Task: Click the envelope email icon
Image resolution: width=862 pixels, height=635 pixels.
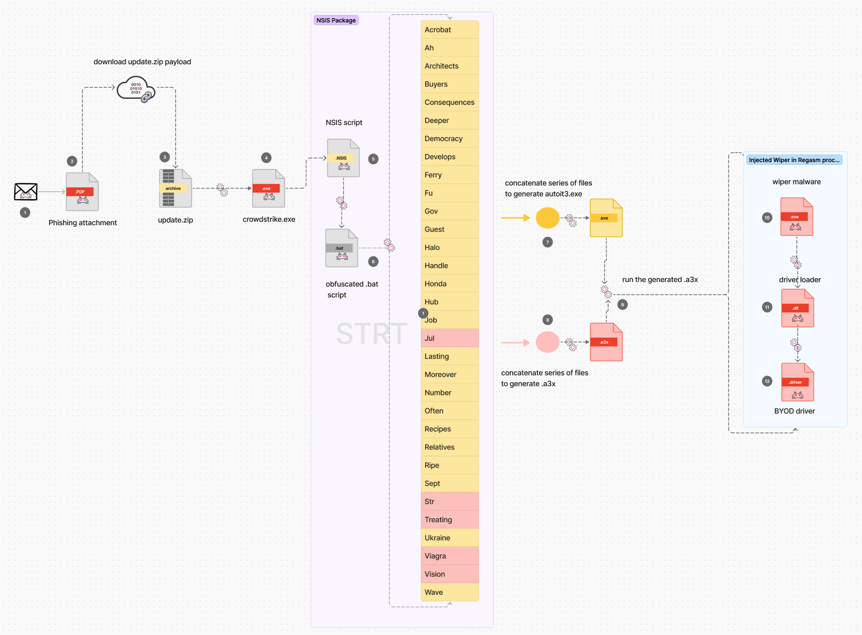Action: pos(26,191)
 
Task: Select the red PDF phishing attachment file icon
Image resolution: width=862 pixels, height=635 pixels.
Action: pos(82,192)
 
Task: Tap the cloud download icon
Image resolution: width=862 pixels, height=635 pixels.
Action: pos(136,89)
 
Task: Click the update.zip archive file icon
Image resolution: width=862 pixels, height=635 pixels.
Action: pos(175,188)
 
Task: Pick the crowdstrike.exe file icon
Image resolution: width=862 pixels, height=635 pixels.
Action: pos(268,188)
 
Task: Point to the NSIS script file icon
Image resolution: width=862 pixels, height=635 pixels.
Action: pos(343,158)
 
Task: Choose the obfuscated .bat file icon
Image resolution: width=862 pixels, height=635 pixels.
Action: pos(342,248)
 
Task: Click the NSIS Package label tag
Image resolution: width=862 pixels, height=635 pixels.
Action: pos(336,20)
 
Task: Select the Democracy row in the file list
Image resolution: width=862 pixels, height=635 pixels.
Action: pos(450,139)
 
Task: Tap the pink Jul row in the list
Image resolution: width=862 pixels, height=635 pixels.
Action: pos(450,338)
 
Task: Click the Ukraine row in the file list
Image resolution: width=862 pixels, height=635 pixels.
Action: pos(450,538)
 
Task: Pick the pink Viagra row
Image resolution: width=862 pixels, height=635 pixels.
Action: pos(450,556)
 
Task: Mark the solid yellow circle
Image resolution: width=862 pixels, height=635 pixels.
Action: pos(548,218)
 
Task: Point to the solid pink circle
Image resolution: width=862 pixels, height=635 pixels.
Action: pos(548,342)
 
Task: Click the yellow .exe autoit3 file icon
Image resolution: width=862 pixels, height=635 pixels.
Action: pos(606,218)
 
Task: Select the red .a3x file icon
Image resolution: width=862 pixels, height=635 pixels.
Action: pos(606,342)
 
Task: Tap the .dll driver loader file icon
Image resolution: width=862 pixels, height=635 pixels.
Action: pos(797,308)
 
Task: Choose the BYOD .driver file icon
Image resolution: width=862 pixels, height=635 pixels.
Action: pos(797,382)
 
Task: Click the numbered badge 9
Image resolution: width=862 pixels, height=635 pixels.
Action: pos(622,304)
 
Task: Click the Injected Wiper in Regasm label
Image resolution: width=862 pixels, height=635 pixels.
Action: pos(794,160)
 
